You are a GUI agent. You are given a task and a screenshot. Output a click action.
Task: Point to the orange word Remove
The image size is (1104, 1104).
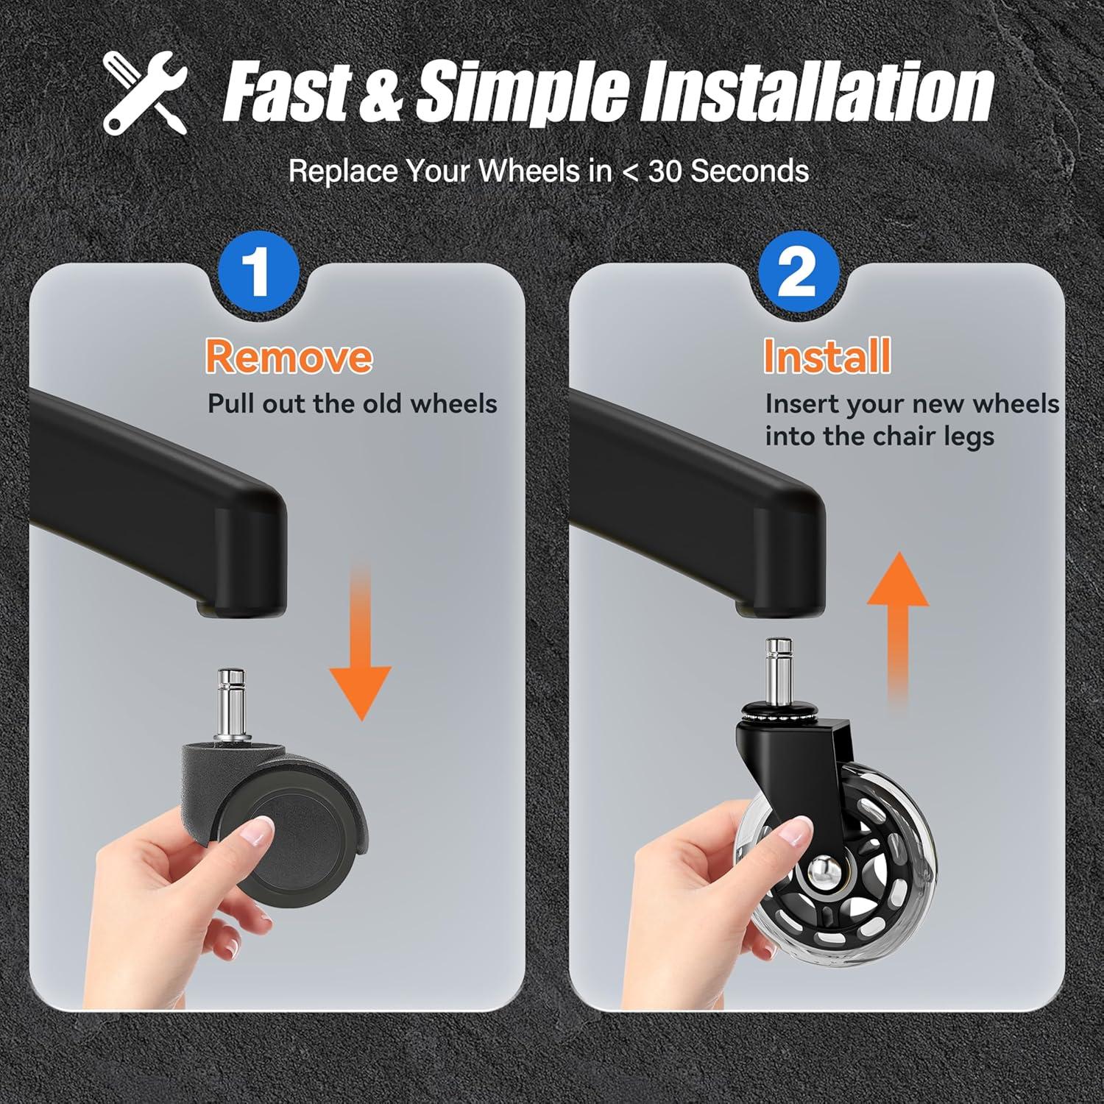click(289, 356)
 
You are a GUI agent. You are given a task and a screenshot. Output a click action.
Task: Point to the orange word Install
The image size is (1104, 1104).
click(827, 356)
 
